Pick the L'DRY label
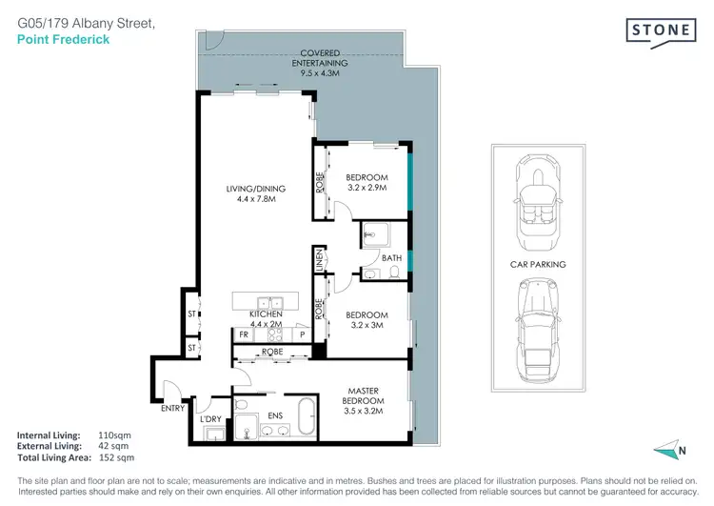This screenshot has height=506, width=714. pos(209,418)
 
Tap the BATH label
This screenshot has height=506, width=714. pos(391,257)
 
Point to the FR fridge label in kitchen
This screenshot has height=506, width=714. pos(243,335)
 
